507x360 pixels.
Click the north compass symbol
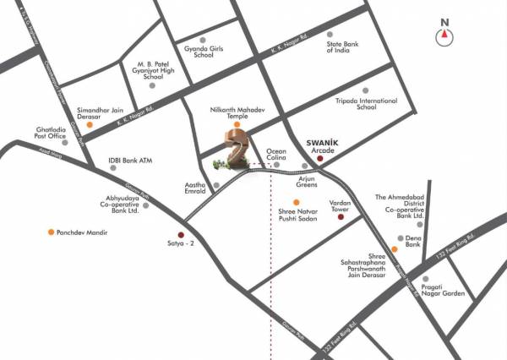(x=444, y=35)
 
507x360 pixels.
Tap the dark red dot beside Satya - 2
(x=179, y=235)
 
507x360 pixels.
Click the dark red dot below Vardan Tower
(x=341, y=217)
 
